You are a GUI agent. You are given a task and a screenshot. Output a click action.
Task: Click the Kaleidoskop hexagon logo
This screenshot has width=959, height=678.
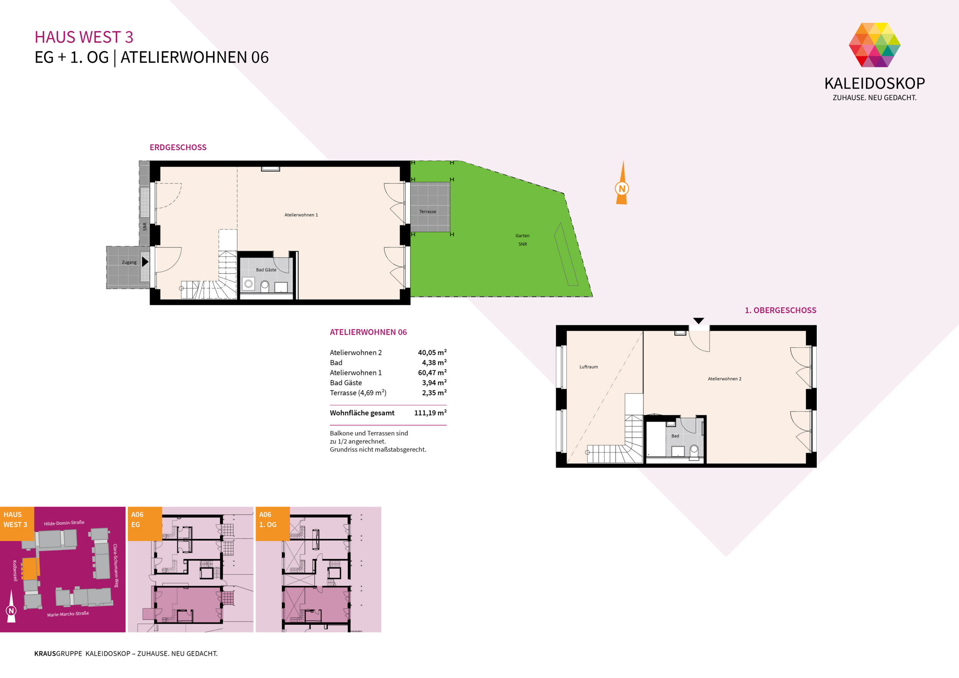point(874,45)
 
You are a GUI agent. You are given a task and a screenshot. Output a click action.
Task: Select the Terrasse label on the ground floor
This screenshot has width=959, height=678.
point(428,211)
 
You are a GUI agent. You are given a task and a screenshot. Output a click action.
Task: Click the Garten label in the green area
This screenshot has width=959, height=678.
point(522,236)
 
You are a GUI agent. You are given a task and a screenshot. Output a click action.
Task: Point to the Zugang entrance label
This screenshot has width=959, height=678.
point(129,262)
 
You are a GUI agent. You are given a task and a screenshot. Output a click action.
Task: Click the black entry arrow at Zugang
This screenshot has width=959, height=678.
point(145,262)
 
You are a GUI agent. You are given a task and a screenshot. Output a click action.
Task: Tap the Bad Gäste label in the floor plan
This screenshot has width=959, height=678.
point(266,270)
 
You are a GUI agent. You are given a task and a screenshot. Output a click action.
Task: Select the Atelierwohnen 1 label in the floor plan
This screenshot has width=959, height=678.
point(301,215)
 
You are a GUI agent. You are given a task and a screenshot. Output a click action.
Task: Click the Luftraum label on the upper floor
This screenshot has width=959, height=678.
point(589,367)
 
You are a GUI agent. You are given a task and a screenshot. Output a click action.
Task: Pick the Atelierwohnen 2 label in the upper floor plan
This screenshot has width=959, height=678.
point(724,379)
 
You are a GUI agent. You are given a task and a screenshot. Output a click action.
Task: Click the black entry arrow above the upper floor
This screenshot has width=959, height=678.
point(699,321)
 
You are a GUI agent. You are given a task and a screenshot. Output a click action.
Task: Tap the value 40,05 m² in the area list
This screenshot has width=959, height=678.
point(432,352)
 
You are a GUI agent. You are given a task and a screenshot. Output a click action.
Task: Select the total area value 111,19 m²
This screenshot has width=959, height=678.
point(430,413)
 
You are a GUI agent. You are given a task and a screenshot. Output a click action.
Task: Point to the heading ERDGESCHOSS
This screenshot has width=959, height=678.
point(178,148)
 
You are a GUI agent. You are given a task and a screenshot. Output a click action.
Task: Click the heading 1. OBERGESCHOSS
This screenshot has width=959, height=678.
point(781,311)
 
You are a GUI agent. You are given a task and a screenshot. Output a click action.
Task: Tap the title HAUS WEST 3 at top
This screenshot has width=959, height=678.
point(84,37)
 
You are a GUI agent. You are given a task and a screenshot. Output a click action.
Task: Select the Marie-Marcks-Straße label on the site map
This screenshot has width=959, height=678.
point(68,614)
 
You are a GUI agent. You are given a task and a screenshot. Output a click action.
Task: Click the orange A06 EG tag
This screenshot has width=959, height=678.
point(145,524)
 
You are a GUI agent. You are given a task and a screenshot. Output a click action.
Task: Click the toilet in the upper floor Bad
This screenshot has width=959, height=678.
point(694,452)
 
